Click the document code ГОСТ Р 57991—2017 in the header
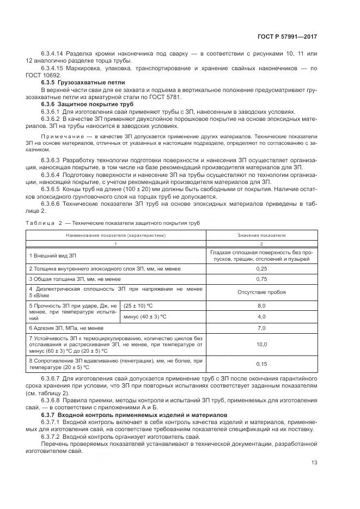tap(289, 36)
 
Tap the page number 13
tap(314, 463)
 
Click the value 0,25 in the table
tap(261, 268)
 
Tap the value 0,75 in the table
tap(261, 279)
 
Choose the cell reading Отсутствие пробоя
tap(261, 292)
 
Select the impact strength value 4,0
tap(261, 316)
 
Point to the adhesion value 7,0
tap(261, 328)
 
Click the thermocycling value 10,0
tap(261, 344)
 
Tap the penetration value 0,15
tap(261, 364)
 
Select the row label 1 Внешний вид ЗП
tap(53, 255)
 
